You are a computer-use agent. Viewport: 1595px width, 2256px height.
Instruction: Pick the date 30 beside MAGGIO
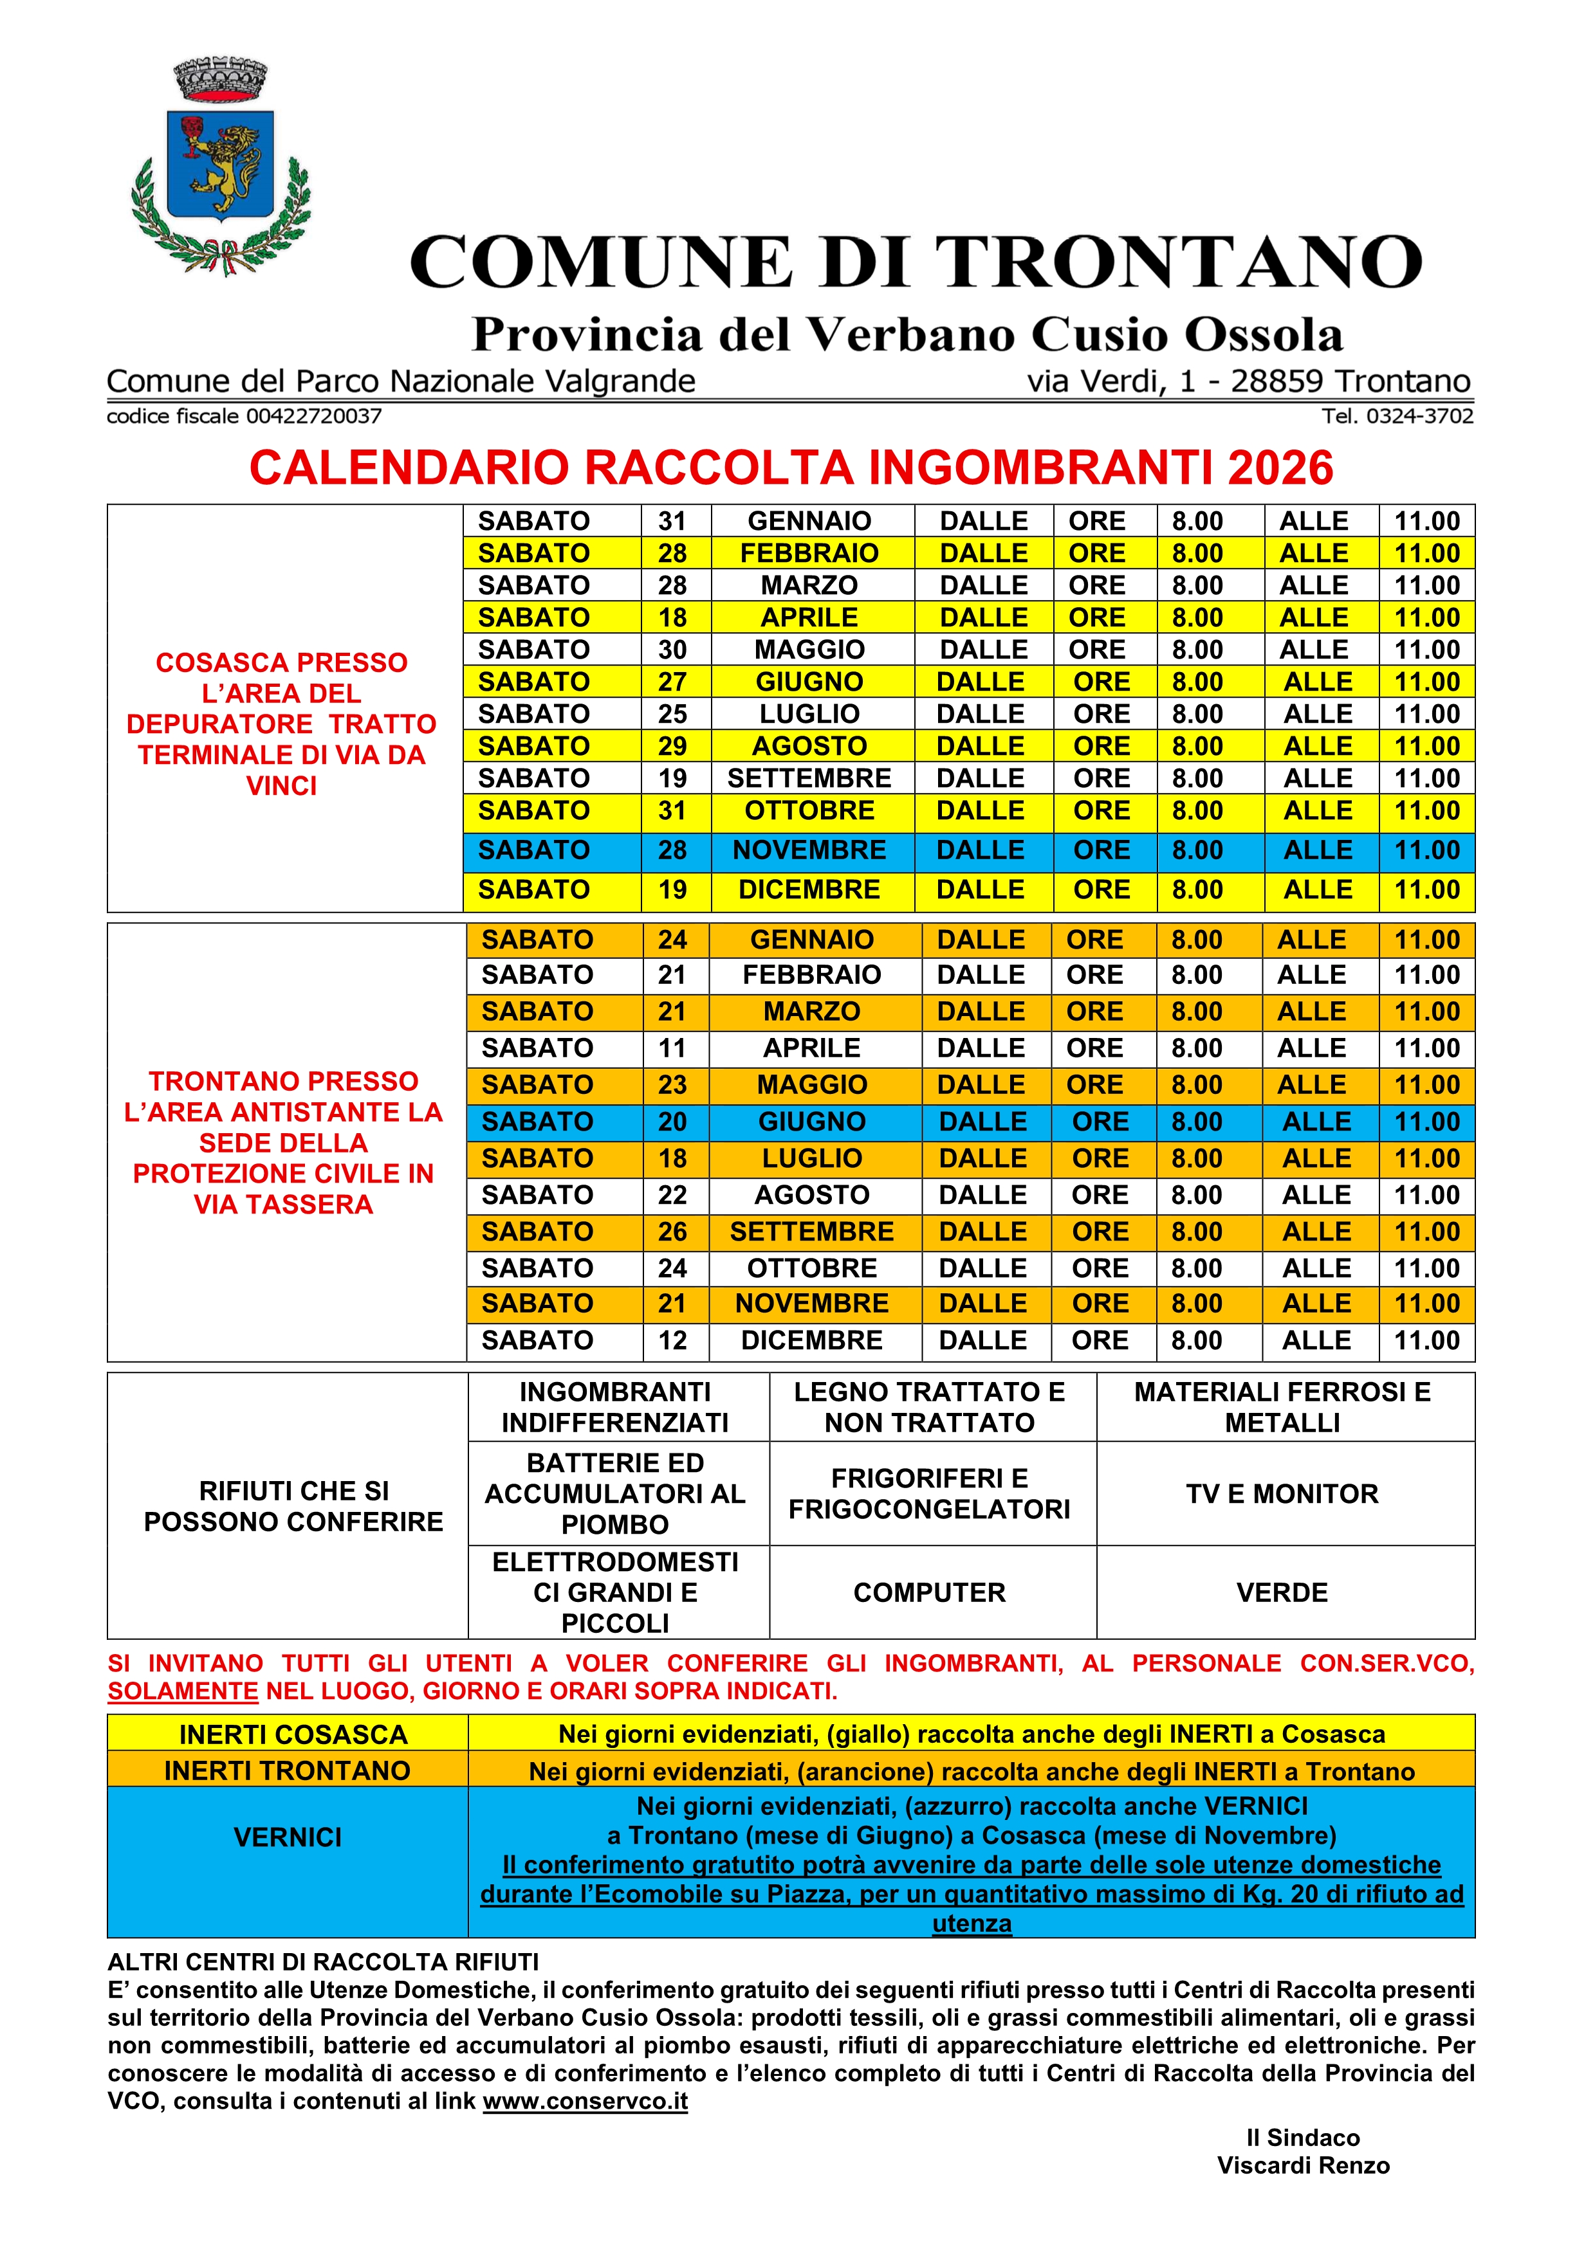pos(672,650)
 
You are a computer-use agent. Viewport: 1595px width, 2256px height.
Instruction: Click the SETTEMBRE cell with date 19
pos(809,778)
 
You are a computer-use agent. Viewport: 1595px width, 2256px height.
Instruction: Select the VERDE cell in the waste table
pos(1282,1593)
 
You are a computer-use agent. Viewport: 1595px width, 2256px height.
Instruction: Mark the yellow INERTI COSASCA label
pos(293,1734)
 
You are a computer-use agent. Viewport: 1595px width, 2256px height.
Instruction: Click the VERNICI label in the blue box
pos(287,1837)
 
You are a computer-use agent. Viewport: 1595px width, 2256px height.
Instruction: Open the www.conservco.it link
pos(585,2101)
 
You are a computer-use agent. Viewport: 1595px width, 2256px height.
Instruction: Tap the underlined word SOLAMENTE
pos(183,1691)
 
